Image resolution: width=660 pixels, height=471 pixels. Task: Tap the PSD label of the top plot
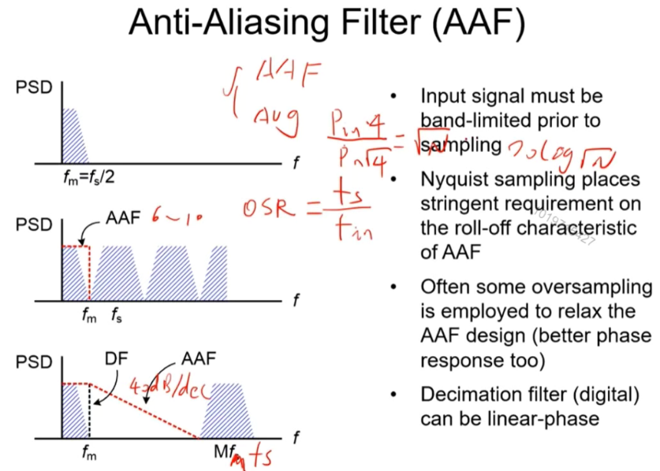pos(33,87)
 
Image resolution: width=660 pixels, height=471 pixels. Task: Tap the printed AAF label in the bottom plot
pos(198,359)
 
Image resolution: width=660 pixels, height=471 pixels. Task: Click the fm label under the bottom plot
pos(88,454)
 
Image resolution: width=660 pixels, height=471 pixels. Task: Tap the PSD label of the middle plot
pos(33,224)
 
